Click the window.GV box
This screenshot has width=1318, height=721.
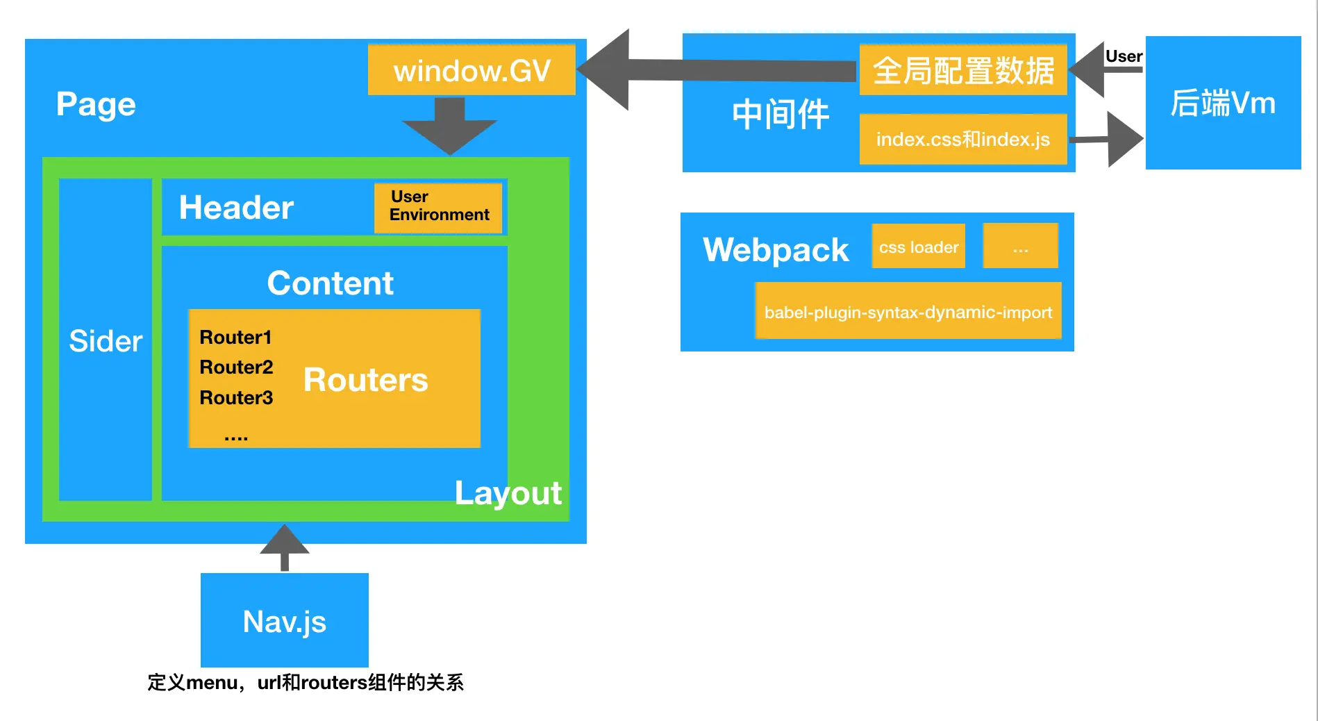(472, 69)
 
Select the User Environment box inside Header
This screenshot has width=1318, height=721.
(438, 208)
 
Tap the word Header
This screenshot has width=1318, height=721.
(236, 208)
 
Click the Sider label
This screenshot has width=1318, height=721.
(106, 341)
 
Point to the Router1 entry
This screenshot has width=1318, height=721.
(235, 337)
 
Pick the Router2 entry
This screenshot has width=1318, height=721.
(236, 367)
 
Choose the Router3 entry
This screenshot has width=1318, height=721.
(236, 397)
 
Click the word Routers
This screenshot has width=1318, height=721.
(366, 380)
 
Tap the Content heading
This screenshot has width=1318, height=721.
(331, 283)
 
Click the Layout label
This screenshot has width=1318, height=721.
(508, 494)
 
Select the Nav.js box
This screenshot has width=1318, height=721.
(285, 620)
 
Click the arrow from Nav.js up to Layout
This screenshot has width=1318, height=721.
(285, 547)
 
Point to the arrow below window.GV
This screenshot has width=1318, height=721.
(450, 126)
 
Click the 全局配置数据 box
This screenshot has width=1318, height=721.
(963, 69)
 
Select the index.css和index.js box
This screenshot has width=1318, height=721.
(963, 139)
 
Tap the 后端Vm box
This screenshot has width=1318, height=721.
(1224, 103)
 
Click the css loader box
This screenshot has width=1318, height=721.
(919, 246)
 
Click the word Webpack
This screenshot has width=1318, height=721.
(776, 250)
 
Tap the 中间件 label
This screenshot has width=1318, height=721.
(781, 114)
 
